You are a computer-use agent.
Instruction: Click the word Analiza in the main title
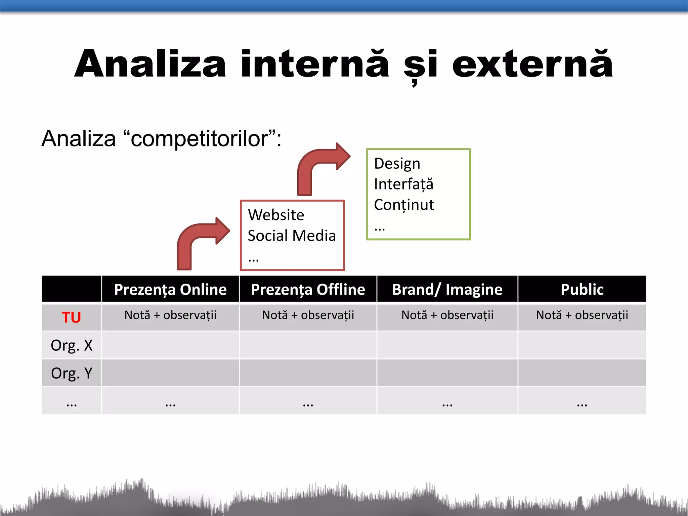(150, 64)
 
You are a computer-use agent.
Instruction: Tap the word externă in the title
(532, 64)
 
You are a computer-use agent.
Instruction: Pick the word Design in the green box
(397, 164)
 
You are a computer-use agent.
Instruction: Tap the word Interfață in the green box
(403, 184)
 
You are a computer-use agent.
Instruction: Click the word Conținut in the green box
(404, 205)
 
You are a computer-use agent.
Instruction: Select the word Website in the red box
(276, 215)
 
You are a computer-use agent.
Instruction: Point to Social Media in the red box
(292, 235)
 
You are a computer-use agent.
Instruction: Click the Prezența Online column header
(170, 289)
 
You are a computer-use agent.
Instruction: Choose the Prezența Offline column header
(308, 289)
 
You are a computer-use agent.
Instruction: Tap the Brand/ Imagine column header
(447, 289)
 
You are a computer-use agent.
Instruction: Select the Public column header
(582, 289)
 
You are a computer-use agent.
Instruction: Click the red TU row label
(71, 317)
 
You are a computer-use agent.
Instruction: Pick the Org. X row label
(71, 345)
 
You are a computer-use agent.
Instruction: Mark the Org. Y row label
(71, 373)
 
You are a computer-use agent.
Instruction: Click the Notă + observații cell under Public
(582, 315)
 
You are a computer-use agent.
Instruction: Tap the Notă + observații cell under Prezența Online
(170, 315)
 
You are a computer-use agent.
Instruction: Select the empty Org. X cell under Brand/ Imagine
(447, 345)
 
